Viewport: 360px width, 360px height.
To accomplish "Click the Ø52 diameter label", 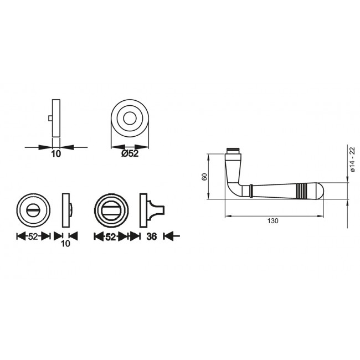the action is (130, 153).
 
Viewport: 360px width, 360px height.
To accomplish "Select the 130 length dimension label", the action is (272, 221).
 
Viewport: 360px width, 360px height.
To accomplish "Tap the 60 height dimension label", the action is (204, 177).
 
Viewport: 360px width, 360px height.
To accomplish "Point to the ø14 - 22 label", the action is (352, 159).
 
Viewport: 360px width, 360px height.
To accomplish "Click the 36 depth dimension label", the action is (152, 236).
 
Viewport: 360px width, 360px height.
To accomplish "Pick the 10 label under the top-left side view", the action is (56, 153).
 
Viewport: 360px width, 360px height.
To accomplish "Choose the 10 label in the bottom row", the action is (66, 244).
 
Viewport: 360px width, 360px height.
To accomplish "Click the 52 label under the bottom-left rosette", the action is (33, 236).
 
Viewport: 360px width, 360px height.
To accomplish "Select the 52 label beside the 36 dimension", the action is (110, 237).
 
